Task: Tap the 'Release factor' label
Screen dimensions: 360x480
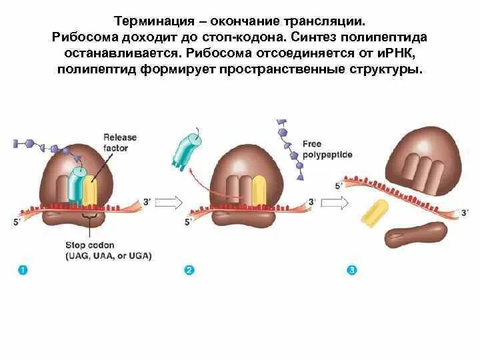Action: click(x=119, y=142)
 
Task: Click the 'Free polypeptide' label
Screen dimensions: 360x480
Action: click(x=327, y=149)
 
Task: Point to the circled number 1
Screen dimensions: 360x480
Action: click(x=22, y=270)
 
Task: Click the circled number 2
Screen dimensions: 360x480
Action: click(x=189, y=270)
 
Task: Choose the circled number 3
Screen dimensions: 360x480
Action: click(x=352, y=270)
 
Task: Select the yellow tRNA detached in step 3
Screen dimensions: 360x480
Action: click(x=375, y=213)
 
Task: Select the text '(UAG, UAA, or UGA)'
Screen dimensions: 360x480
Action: click(x=109, y=255)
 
